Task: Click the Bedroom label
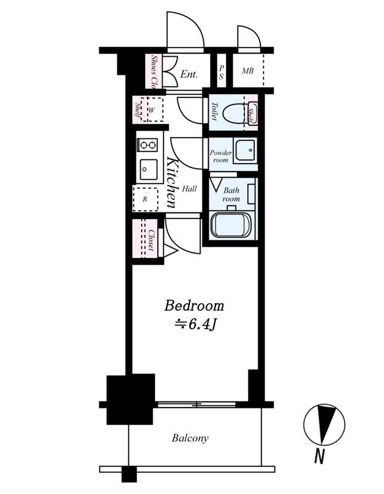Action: click(194, 306)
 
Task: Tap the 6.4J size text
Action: click(195, 324)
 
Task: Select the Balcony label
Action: click(190, 438)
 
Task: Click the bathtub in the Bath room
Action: click(232, 225)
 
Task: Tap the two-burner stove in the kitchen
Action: click(148, 145)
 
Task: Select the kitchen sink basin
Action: click(148, 170)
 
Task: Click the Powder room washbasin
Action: click(245, 150)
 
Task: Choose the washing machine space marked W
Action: click(152, 109)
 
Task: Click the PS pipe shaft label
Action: click(222, 72)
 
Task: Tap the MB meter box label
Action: click(248, 71)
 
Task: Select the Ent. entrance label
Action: click(189, 74)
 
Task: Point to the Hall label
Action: click(190, 189)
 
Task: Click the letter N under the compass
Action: click(319, 456)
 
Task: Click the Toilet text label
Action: click(214, 111)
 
